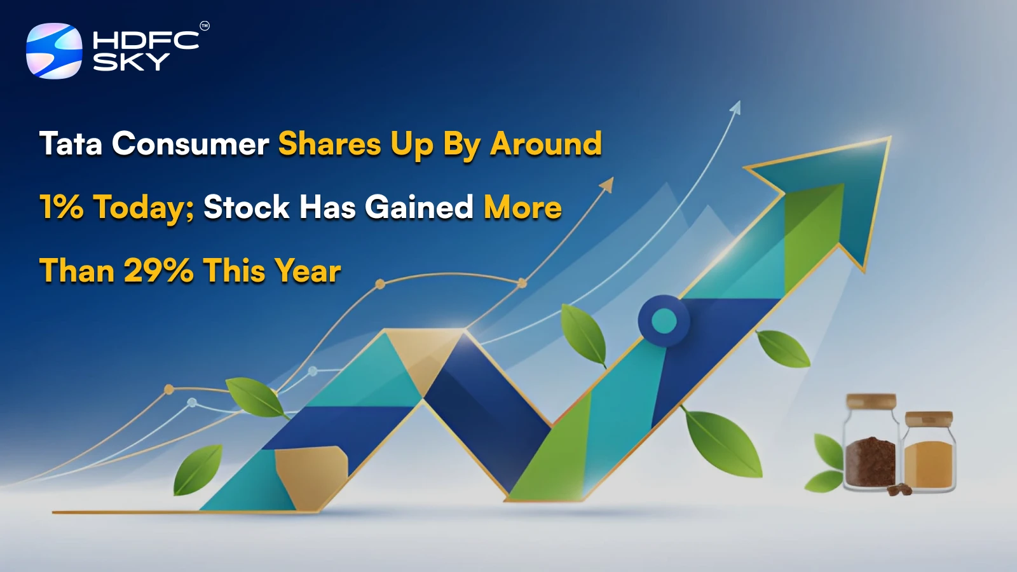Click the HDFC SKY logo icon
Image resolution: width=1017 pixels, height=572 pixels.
(x=54, y=51)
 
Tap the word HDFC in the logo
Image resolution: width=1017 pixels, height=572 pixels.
(x=146, y=41)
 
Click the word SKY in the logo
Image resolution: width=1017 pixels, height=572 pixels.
(x=131, y=62)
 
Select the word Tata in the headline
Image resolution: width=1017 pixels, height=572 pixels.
(x=71, y=144)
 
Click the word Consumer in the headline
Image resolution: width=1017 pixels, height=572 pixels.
(x=190, y=144)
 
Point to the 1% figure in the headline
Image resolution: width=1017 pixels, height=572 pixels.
(x=61, y=207)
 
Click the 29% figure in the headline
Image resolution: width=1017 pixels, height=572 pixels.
(x=158, y=271)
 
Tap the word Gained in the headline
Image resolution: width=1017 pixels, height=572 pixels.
(x=419, y=207)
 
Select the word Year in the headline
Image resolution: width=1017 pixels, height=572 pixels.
(x=308, y=271)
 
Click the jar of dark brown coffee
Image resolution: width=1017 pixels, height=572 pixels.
(x=870, y=458)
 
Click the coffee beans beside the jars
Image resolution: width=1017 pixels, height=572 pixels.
(x=898, y=489)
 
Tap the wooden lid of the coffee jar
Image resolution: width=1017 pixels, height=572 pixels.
(x=871, y=402)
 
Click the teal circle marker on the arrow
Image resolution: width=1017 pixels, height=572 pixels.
(x=664, y=320)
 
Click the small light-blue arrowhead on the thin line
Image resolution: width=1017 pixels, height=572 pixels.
(x=735, y=108)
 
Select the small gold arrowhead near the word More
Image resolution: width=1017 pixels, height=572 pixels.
(x=607, y=185)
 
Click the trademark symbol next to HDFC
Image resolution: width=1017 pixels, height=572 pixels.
(x=204, y=26)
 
